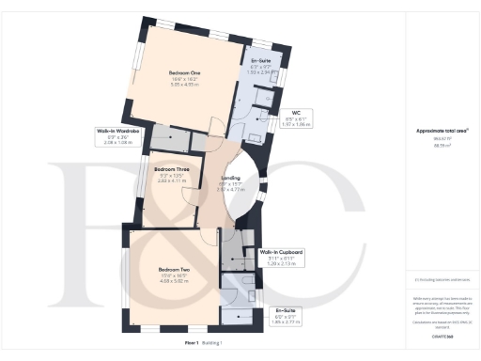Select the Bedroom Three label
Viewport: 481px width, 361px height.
(x=172, y=170)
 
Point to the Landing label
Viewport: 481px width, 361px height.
(x=229, y=177)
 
